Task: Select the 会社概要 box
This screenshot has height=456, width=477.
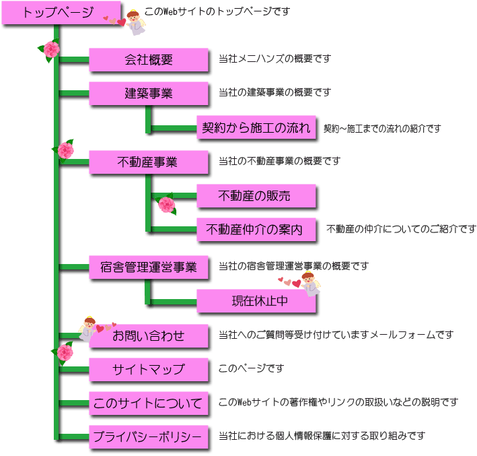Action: (x=148, y=59)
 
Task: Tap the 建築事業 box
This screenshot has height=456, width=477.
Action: (x=148, y=94)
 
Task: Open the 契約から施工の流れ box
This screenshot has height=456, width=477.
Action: (x=256, y=128)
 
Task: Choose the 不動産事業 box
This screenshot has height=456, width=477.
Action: (x=148, y=162)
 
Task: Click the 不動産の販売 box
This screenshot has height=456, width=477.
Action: (x=255, y=196)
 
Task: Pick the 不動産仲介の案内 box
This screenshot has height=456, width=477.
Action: (x=255, y=230)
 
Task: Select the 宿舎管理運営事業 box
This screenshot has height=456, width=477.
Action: (x=148, y=267)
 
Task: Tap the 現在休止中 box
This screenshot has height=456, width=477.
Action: (x=255, y=301)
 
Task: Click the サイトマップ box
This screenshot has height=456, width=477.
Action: (x=148, y=369)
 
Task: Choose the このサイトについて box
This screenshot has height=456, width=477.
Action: (x=148, y=403)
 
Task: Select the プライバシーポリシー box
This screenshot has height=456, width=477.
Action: (x=148, y=438)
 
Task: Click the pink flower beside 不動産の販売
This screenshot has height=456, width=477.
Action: (x=166, y=205)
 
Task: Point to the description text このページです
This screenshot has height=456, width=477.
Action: (x=251, y=369)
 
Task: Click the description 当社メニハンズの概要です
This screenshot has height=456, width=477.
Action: (x=274, y=59)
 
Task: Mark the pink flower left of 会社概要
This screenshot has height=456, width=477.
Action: (x=50, y=51)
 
